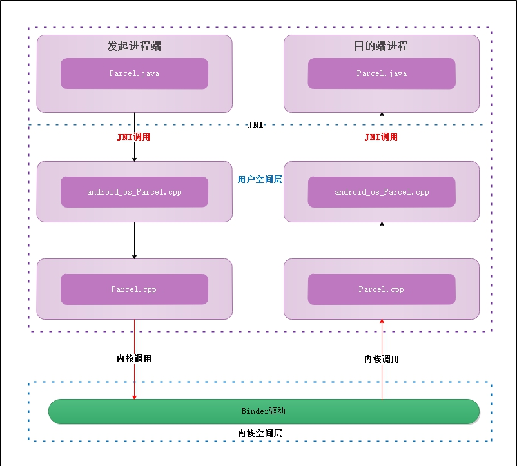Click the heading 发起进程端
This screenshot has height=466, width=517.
[133, 46]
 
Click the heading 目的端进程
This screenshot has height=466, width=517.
[381, 46]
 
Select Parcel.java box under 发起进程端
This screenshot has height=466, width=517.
[134, 73]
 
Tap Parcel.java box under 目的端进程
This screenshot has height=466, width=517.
[382, 73]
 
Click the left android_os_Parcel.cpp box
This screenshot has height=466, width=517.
[134, 192]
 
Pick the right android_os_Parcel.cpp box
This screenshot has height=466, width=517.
[382, 192]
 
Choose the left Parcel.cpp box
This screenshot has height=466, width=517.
[134, 289]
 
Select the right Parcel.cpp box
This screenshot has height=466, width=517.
[382, 289]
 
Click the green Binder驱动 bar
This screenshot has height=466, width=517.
[264, 411]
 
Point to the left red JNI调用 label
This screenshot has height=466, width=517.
[133, 137]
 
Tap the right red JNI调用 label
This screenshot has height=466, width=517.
[381, 137]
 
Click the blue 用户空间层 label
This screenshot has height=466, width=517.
[260, 180]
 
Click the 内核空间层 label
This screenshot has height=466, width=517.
[260, 433]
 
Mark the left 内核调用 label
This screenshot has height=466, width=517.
[134, 358]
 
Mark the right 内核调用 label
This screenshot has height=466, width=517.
[382, 359]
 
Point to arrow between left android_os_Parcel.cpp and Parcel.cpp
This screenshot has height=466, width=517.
[134, 240]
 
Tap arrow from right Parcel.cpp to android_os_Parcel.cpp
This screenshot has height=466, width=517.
[382, 240]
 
